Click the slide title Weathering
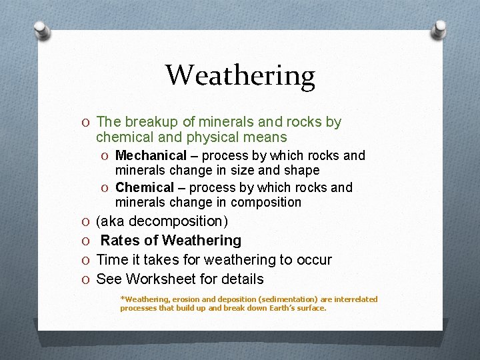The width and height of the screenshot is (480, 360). [x=240, y=75]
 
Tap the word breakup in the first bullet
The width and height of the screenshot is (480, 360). [x=146, y=122]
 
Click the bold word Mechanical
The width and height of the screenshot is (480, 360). [x=151, y=155]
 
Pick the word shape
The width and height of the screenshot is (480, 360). [x=302, y=170]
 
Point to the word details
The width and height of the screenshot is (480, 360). [x=242, y=279]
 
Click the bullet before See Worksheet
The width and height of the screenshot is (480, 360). [x=87, y=279]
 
